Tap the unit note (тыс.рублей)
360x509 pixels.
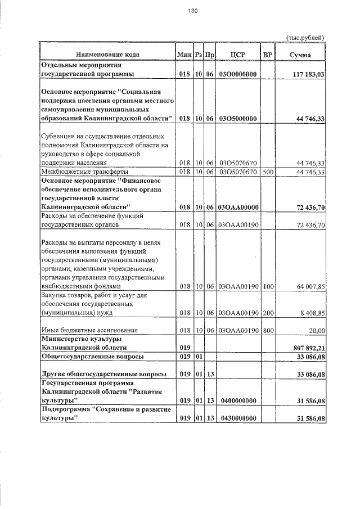click(x=306, y=37)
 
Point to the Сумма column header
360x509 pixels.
click(x=300, y=55)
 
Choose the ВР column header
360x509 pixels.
click(x=267, y=55)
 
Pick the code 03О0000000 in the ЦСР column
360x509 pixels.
click(x=237, y=74)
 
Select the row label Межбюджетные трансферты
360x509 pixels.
click(x=84, y=172)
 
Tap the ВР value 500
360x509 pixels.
click(x=267, y=172)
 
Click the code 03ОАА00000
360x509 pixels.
click(x=237, y=208)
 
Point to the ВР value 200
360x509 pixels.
click(x=267, y=312)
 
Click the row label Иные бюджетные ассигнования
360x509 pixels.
click(x=89, y=330)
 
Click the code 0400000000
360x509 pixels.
click(x=237, y=400)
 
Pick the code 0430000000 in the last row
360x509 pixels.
click(x=237, y=418)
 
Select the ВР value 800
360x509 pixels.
click(x=267, y=330)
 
